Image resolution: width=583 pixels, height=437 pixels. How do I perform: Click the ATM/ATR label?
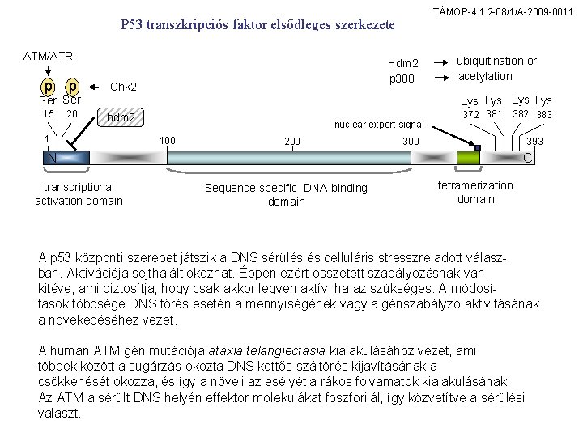coord(48,56)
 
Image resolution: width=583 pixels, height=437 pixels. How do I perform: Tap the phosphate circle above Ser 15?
coord(49,87)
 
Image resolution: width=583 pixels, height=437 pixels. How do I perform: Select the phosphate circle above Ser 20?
coord(73,87)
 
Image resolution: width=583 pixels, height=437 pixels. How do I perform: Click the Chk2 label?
coord(122,87)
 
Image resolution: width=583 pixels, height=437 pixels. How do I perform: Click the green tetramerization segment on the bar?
coord(468,157)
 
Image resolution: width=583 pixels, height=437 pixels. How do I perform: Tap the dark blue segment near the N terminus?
coord(78,157)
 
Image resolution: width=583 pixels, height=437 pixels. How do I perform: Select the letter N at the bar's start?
coord(51,158)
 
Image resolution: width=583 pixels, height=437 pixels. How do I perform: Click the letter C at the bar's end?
coord(528,158)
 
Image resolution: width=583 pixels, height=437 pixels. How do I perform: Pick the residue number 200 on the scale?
coord(292,142)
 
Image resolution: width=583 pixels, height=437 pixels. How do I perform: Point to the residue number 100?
coord(168,141)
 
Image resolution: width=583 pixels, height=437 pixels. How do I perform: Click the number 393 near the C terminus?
coord(534,141)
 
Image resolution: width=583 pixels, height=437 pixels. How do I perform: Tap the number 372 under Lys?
coord(471,115)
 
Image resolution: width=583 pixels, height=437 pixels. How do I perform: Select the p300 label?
coord(402,78)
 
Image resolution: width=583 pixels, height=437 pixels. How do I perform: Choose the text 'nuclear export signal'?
coord(380,125)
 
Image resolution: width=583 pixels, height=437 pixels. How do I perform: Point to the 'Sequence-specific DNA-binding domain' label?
coord(286,194)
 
